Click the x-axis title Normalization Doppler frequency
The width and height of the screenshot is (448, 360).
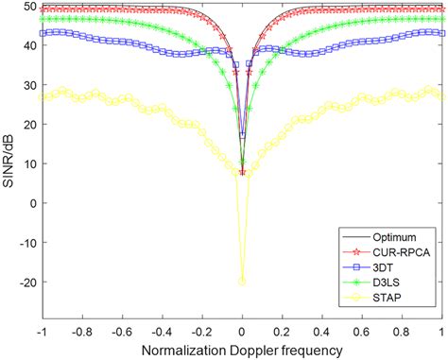[242, 349]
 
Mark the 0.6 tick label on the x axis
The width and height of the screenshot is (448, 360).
[363, 332]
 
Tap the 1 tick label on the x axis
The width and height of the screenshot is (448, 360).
[442, 332]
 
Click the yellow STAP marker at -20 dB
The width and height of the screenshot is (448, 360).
[242, 281]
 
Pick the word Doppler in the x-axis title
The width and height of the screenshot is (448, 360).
[261, 349]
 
